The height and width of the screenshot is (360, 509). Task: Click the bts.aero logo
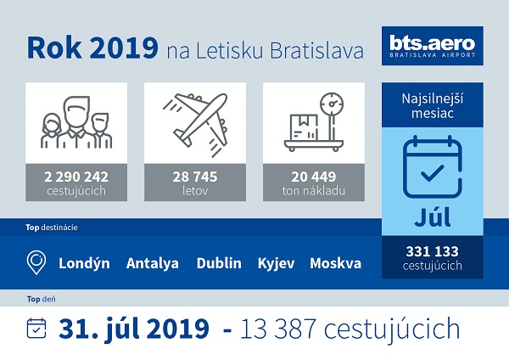pyautogui.click(x=433, y=46)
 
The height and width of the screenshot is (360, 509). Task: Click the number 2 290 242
pyautogui.click(x=76, y=177)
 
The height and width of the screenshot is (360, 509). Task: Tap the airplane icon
pyautogui.click(x=195, y=122)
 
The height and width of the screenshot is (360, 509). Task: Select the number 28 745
pyautogui.click(x=195, y=177)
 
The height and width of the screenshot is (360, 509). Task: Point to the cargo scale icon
pyautogui.click(x=314, y=122)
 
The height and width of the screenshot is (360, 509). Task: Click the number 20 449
pyautogui.click(x=314, y=177)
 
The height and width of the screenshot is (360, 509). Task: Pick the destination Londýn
pyautogui.click(x=84, y=263)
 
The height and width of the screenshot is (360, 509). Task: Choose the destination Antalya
pyautogui.click(x=153, y=263)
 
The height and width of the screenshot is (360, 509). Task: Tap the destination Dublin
pyautogui.click(x=219, y=263)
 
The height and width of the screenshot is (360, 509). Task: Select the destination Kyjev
pyautogui.click(x=277, y=263)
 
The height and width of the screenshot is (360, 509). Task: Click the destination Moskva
pyautogui.click(x=336, y=263)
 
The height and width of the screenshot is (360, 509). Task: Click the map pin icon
pyautogui.click(x=36, y=262)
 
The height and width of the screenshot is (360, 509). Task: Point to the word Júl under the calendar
pyautogui.click(x=433, y=217)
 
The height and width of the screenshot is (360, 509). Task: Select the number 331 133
pyautogui.click(x=433, y=251)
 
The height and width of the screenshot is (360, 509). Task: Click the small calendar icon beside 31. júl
pyautogui.click(x=36, y=328)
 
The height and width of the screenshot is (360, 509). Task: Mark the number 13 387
pyautogui.click(x=278, y=329)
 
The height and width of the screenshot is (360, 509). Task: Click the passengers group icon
pyautogui.click(x=76, y=122)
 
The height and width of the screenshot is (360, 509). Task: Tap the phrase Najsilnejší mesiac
pyautogui.click(x=433, y=106)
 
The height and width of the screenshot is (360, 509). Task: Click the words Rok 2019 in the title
pyautogui.click(x=92, y=48)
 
